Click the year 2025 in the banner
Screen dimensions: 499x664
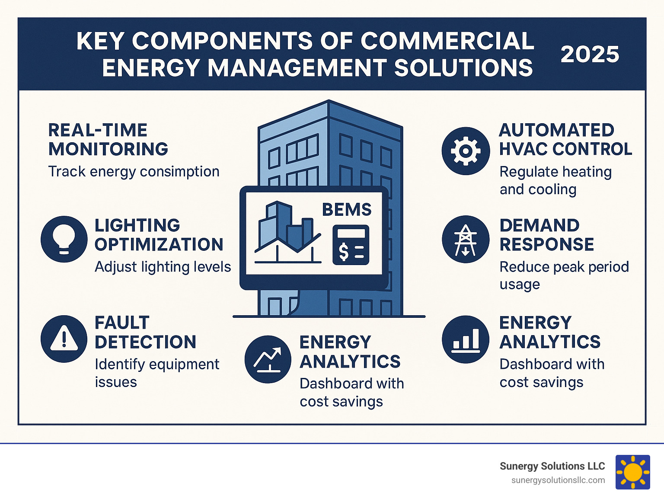pos(590,54)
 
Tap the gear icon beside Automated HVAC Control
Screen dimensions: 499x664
pos(466,151)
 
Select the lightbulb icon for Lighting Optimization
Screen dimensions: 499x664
pos(64,239)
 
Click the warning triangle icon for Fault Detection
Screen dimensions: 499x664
pos(64,339)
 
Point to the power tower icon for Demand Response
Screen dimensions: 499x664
pos(466,239)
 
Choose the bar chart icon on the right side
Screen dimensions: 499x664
pos(466,339)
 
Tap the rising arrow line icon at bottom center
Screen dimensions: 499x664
pos(268,359)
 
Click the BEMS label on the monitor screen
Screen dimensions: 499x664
pos(347,210)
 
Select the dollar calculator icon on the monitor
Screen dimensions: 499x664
pos(351,245)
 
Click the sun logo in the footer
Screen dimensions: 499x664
pos(633,472)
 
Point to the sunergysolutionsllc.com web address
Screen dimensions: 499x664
pos(558,480)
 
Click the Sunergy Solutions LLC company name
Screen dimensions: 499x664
pos(552,466)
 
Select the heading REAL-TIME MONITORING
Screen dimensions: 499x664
pos(108,140)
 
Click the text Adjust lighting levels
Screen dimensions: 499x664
pos(163,267)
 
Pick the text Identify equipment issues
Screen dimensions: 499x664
pos(156,373)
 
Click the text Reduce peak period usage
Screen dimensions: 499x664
pos(564,275)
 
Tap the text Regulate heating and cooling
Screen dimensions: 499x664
pos(555,180)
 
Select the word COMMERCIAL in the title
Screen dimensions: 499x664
pos(447,41)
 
